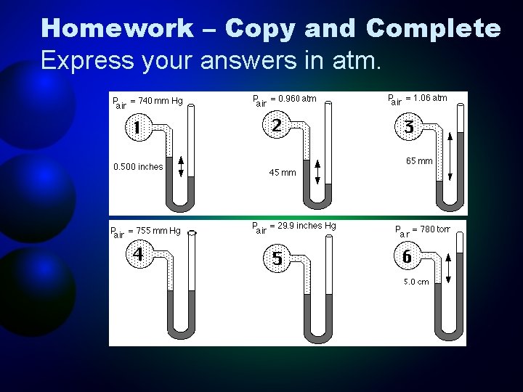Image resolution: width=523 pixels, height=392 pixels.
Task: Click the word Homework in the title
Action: pyautogui.click(x=117, y=29)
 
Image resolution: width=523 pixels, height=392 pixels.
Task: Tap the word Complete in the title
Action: pyautogui.click(x=434, y=29)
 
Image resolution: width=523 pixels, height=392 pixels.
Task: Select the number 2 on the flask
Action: pyautogui.click(x=277, y=126)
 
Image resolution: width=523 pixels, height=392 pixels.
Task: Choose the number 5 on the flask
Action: pyautogui.click(x=277, y=258)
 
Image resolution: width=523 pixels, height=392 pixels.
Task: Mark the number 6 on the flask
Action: pyautogui.click(x=408, y=257)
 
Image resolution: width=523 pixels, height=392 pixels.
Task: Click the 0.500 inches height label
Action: pyautogui.click(x=138, y=167)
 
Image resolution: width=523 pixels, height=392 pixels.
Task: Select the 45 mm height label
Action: pyautogui.click(x=283, y=173)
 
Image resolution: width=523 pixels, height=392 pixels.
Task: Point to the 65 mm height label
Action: pyautogui.click(x=420, y=161)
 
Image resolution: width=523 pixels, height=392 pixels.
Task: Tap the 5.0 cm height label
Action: pyautogui.click(x=417, y=282)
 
